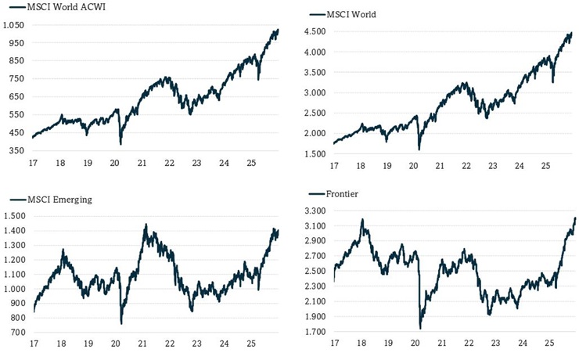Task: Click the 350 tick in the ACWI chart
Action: click(16, 150)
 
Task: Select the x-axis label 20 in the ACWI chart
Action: click(116, 164)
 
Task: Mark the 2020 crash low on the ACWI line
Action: click(120, 144)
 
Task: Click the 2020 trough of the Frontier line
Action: click(420, 328)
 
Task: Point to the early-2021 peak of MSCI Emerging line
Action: click(146, 225)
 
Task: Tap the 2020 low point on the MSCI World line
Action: click(419, 149)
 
